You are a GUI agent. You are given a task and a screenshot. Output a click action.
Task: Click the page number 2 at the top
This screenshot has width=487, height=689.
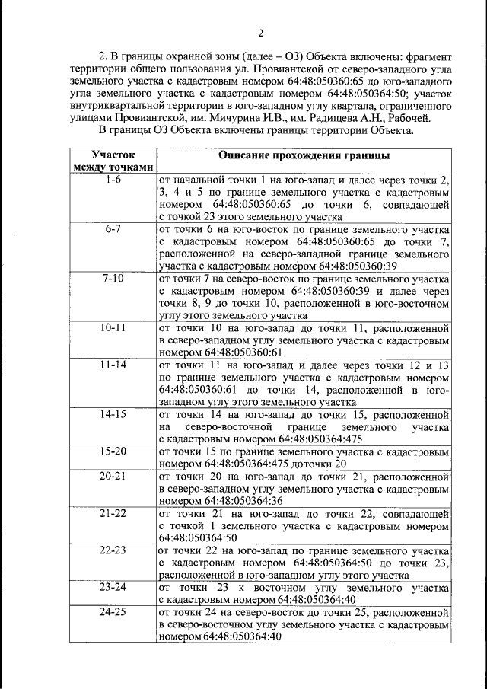pos(259,33)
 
